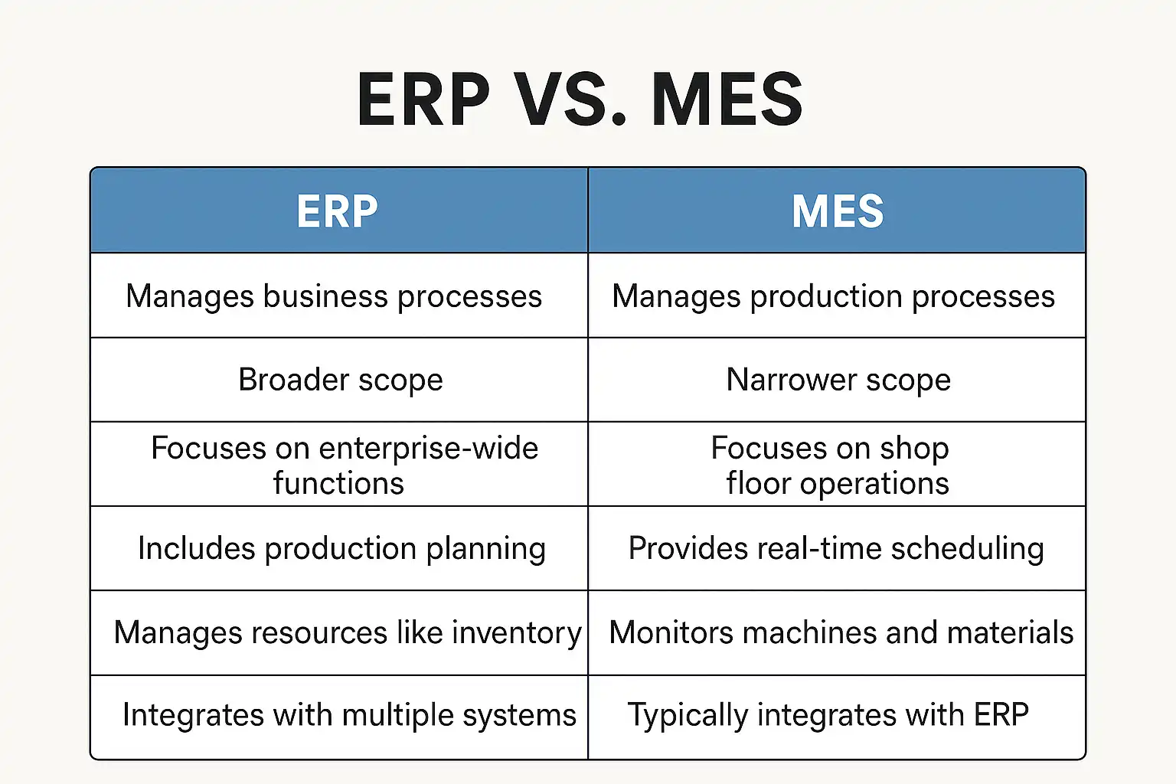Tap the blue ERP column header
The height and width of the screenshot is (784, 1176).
pyautogui.click(x=338, y=211)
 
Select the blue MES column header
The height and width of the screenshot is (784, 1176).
pyautogui.click(x=837, y=211)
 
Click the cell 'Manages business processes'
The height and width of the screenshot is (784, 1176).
pyautogui.click(x=338, y=296)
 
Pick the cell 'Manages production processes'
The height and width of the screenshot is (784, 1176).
pyautogui.click(x=837, y=296)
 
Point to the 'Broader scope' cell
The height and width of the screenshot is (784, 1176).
pyautogui.click(x=338, y=380)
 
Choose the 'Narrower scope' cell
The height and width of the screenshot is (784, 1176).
pyautogui.click(x=837, y=380)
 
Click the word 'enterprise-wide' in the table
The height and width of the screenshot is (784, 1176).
pyautogui.click(x=429, y=449)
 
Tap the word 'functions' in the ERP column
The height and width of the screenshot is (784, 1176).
pyautogui.click(x=338, y=483)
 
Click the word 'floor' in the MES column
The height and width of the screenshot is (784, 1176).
pyautogui.click(x=758, y=482)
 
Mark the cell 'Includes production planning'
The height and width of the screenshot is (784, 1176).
pyautogui.click(x=338, y=548)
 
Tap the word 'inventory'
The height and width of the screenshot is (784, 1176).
pyautogui.click(x=517, y=632)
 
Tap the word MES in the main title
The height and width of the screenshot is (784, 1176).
pyautogui.click(x=727, y=100)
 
